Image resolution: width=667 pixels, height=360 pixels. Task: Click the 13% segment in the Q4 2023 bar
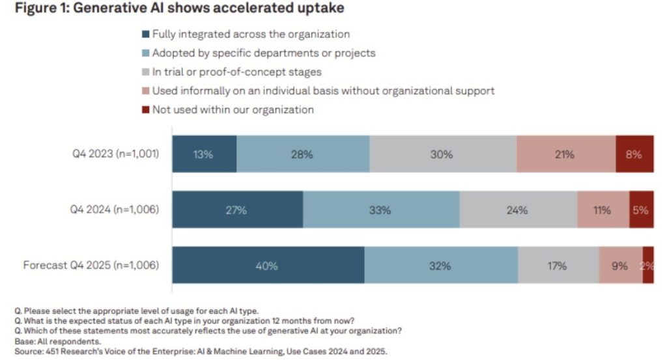[x=204, y=154]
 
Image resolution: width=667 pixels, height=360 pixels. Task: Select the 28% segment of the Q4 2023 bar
[x=303, y=154]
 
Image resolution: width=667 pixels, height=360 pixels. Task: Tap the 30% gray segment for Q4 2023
[x=442, y=154]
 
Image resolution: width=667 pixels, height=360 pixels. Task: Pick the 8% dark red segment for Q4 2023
[x=634, y=154]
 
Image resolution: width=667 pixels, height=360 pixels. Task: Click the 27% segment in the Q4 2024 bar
[x=238, y=210]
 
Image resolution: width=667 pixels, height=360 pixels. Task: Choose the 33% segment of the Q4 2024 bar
[x=380, y=210]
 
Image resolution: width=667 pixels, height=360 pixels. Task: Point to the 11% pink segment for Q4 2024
[x=603, y=210]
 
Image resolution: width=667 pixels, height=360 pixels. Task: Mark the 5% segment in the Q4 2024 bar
[x=641, y=210]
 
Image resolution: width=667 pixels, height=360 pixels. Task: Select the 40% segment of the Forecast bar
[x=268, y=266]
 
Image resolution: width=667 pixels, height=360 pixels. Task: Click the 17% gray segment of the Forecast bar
[x=558, y=266]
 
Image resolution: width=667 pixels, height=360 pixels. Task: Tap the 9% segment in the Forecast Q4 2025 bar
[x=620, y=266]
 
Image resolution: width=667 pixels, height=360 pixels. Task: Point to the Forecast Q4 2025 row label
[x=91, y=265]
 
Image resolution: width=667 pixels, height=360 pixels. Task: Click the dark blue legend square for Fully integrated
[x=147, y=35]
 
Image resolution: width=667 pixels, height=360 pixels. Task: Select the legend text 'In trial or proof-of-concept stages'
[x=237, y=72]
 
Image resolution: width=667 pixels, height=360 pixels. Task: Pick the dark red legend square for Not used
[x=147, y=109]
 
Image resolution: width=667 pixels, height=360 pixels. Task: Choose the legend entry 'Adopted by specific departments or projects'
[x=264, y=53]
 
